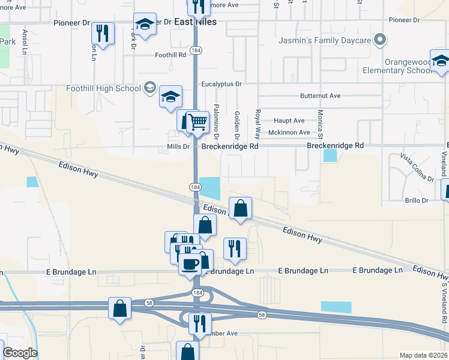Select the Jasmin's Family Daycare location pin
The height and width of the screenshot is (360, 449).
click(379, 40)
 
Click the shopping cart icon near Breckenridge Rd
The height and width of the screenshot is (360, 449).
click(197, 122)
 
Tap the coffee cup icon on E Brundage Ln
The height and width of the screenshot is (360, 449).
click(190, 263)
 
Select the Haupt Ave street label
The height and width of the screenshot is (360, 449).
click(289, 121)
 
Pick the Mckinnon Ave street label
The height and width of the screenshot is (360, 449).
click(289, 132)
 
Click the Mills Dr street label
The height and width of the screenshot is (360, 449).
click(178, 146)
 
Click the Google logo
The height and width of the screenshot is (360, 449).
click(20, 353)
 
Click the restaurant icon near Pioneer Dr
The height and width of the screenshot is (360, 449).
click(104, 34)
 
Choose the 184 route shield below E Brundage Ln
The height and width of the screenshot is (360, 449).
click(197, 292)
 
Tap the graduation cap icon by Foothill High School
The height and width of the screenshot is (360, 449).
click(170, 96)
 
